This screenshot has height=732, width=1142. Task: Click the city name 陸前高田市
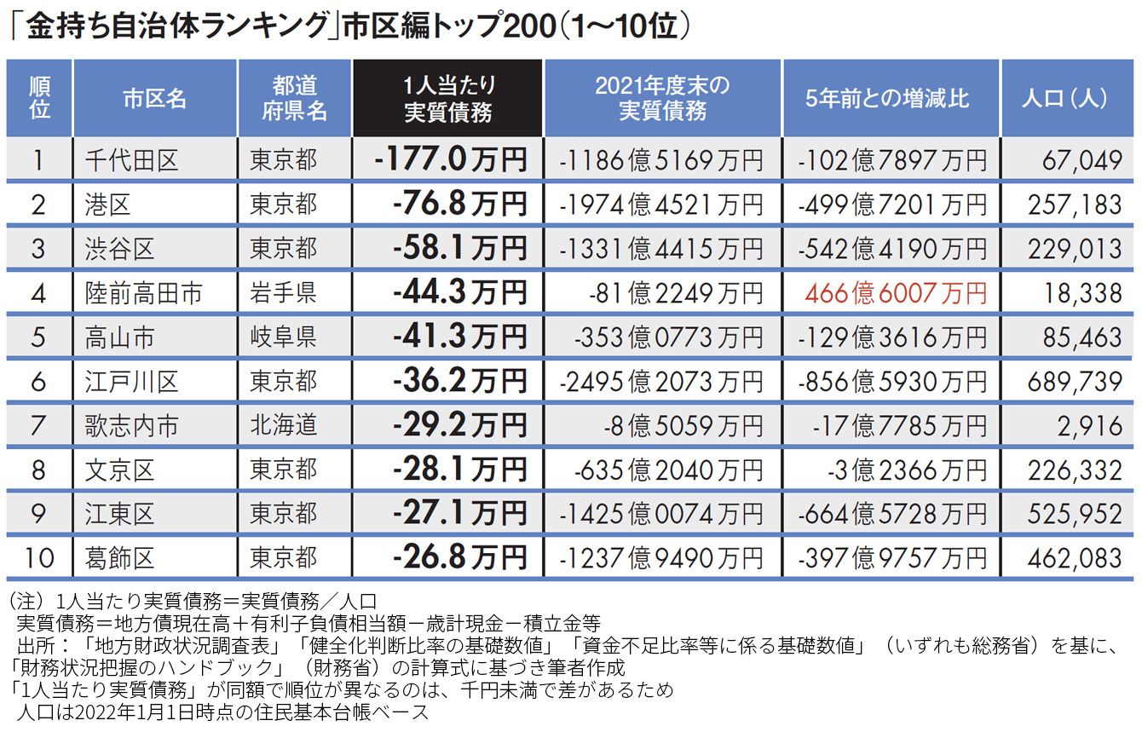143,293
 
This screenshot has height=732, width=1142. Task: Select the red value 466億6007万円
895,294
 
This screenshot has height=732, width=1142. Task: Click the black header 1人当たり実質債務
448,98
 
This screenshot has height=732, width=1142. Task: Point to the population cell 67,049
1081,160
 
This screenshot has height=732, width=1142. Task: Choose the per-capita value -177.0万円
450,159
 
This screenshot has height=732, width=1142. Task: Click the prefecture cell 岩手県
283,293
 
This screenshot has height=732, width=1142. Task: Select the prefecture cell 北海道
283,425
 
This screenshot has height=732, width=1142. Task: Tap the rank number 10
39,558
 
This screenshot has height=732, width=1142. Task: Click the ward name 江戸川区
131,382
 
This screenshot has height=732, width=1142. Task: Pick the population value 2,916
1090,426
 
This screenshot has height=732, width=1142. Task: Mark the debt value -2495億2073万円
661,382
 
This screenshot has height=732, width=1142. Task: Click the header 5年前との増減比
887,98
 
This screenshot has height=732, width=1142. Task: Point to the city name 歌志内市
131,425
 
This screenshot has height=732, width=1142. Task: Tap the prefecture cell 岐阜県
283,337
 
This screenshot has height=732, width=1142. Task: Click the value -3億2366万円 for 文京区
908,470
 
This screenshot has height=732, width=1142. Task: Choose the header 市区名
154,98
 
